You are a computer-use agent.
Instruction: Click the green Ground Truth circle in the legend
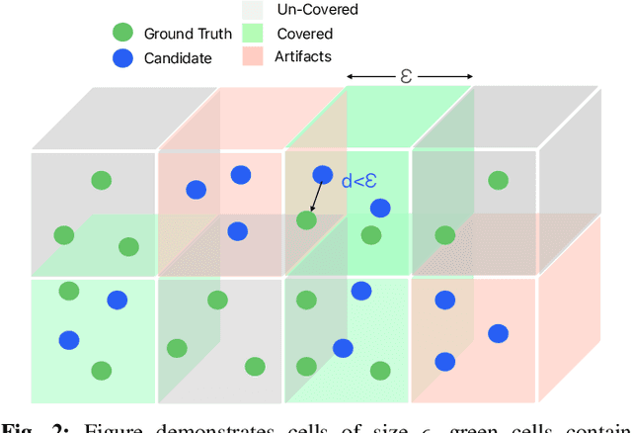click(x=122, y=34)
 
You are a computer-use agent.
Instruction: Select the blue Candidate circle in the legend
click(x=122, y=57)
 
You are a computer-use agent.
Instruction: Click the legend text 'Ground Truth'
click(x=188, y=34)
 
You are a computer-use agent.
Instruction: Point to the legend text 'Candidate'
click(x=178, y=57)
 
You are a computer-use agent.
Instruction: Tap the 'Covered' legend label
click(x=306, y=34)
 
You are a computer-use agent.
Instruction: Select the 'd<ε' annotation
click(x=359, y=181)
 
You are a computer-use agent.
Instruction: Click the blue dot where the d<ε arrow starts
click(x=323, y=175)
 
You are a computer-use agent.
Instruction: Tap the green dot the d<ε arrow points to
click(x=307, y=219)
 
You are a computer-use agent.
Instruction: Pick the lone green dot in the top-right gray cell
click(x=498, y=180)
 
